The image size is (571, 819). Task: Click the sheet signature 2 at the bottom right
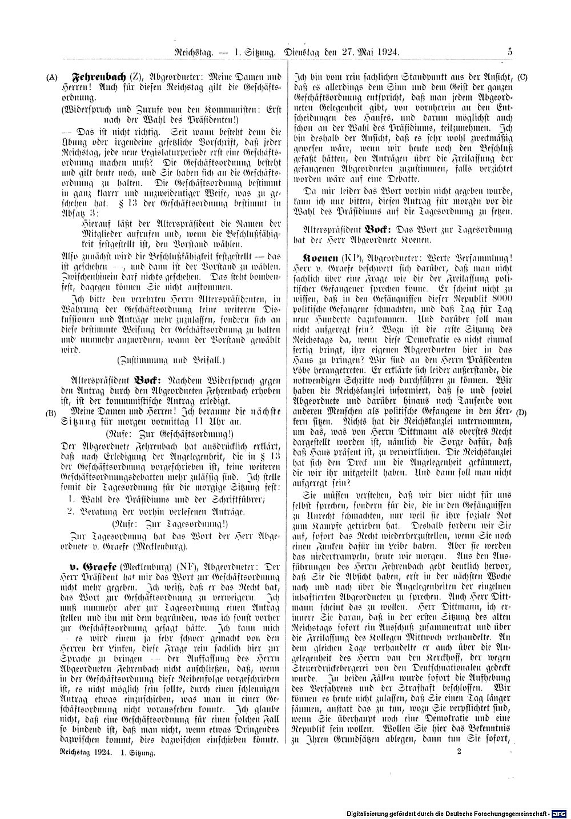click(459, 753)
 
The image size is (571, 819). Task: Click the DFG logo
click(560, 813)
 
